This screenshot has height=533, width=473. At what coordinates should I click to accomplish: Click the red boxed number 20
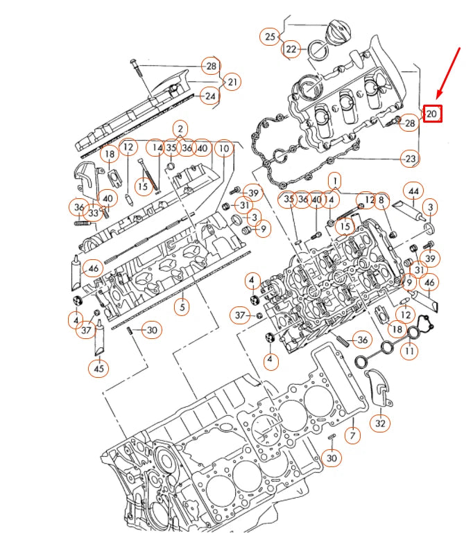click(432, 113)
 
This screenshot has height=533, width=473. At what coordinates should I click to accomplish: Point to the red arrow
click(449, 72)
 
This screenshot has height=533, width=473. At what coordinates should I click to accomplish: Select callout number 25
click(270, 36)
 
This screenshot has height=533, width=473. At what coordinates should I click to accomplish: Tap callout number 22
click(291, 49)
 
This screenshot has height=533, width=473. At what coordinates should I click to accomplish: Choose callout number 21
click(232, 82)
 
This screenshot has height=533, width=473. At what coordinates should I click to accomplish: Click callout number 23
click(411, 159)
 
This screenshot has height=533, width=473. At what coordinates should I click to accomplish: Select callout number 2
click(180, 128)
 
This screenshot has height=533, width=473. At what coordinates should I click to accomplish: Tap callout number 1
click(334, 182)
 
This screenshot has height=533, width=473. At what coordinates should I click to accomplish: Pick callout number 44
click(414, 190)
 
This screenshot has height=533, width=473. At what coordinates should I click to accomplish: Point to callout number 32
click(381, 422)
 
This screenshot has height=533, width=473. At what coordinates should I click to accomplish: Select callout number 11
click(411, 351)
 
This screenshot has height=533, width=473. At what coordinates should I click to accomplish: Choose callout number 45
click(99, 369)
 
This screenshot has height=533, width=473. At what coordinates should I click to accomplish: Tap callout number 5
click(181, 306)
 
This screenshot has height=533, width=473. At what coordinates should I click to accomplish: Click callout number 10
click(223, 148)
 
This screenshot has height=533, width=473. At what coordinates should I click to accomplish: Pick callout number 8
click(380, 200)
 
